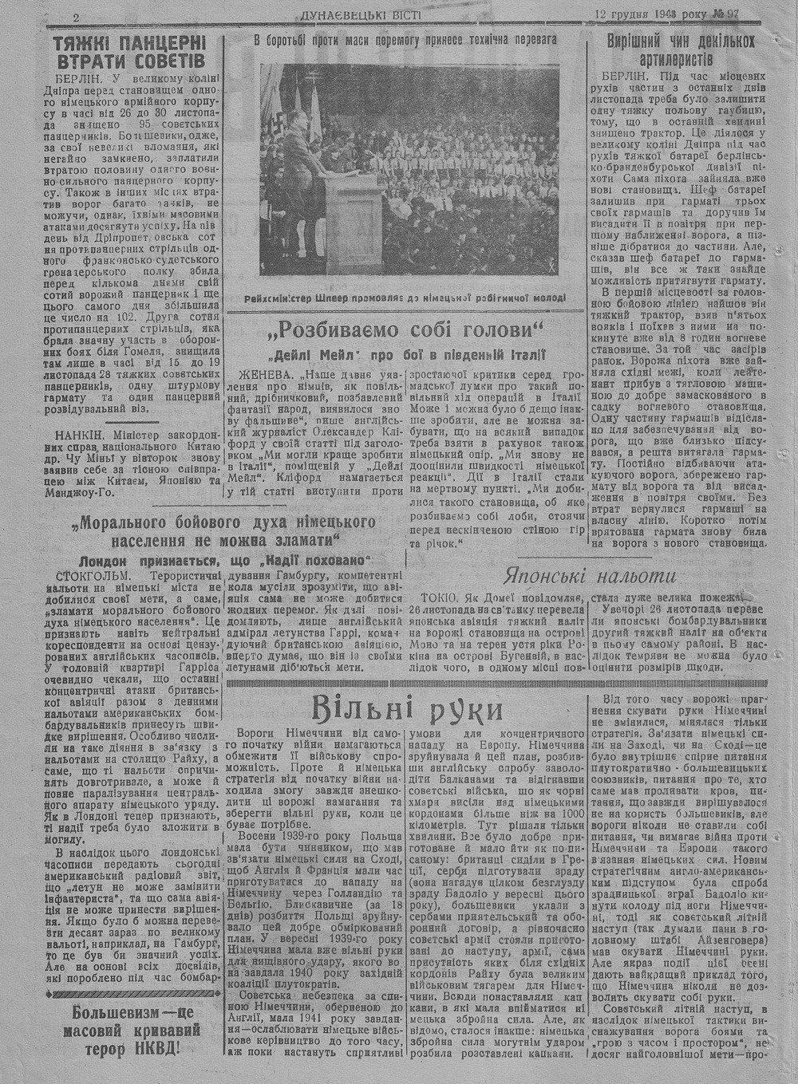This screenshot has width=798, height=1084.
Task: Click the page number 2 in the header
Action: (x=75, y=17)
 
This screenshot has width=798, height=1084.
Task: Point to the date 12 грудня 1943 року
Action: (x=649, y=14)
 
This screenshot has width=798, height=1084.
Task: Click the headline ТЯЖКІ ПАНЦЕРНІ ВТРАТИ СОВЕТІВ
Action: (x=128, y=50)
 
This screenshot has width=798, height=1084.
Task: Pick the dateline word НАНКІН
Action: (x=78, y=435)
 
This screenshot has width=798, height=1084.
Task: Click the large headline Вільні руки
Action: (x=407, y=708)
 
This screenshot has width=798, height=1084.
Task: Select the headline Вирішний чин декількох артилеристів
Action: (x=681, y=50)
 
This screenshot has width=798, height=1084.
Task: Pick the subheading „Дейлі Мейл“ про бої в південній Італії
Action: (x=406, y=354)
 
